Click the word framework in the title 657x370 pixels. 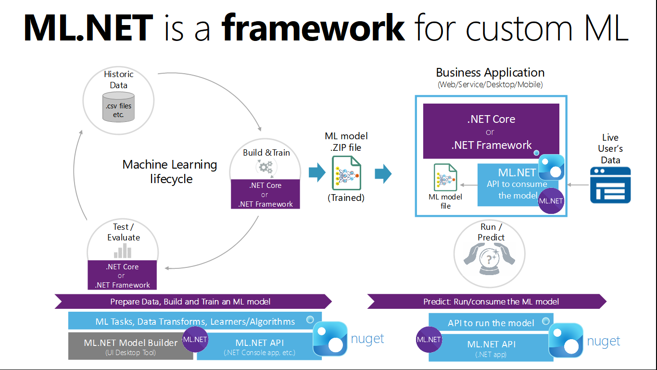313,27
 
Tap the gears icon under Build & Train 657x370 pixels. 265,167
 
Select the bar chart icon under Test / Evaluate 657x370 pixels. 123,251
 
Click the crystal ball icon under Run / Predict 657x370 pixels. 490,258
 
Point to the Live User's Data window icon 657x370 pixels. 610,185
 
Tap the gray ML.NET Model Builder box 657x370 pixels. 131,346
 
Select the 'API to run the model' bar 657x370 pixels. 491,323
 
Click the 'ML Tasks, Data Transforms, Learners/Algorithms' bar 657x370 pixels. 195,321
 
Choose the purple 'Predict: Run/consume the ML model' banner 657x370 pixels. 487,302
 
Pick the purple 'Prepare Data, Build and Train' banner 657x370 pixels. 192,302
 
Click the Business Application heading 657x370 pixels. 490,73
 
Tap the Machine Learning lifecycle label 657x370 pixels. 170,172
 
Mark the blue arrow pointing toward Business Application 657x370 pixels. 383,173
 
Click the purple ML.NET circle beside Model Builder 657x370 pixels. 195,339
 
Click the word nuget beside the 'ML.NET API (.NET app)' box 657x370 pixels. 604,341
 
